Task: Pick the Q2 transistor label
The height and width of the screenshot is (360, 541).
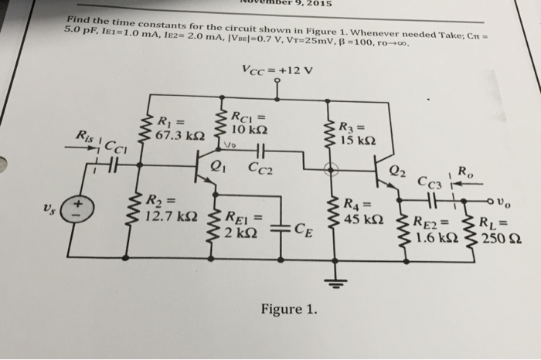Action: (x=397, y=172)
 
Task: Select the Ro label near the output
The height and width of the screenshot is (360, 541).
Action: (x=465, y=171)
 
